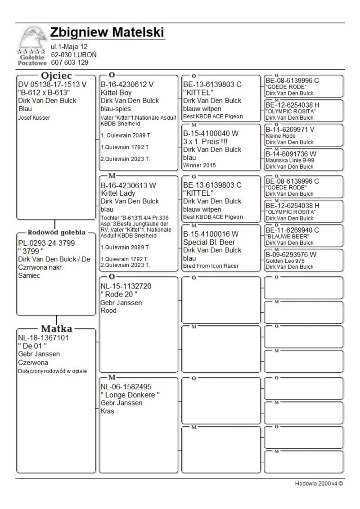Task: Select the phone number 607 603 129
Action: tap(69, 63)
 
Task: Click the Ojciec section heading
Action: tap(56, 76)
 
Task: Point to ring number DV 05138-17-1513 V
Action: tap(52, 84)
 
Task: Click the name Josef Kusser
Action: tap(34, 117)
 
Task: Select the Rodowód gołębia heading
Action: tap(56, 233)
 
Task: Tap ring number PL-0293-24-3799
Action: tap(46, 243)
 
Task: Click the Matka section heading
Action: tap(56, 328)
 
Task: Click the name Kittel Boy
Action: tap(116, 92)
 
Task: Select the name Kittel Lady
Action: tap(118, 193)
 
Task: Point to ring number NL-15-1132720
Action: tap(126, 286)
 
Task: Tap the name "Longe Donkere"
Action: tap(130, 395)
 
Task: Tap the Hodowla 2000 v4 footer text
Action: tap(319, 483)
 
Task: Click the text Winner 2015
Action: tap(199, 165)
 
